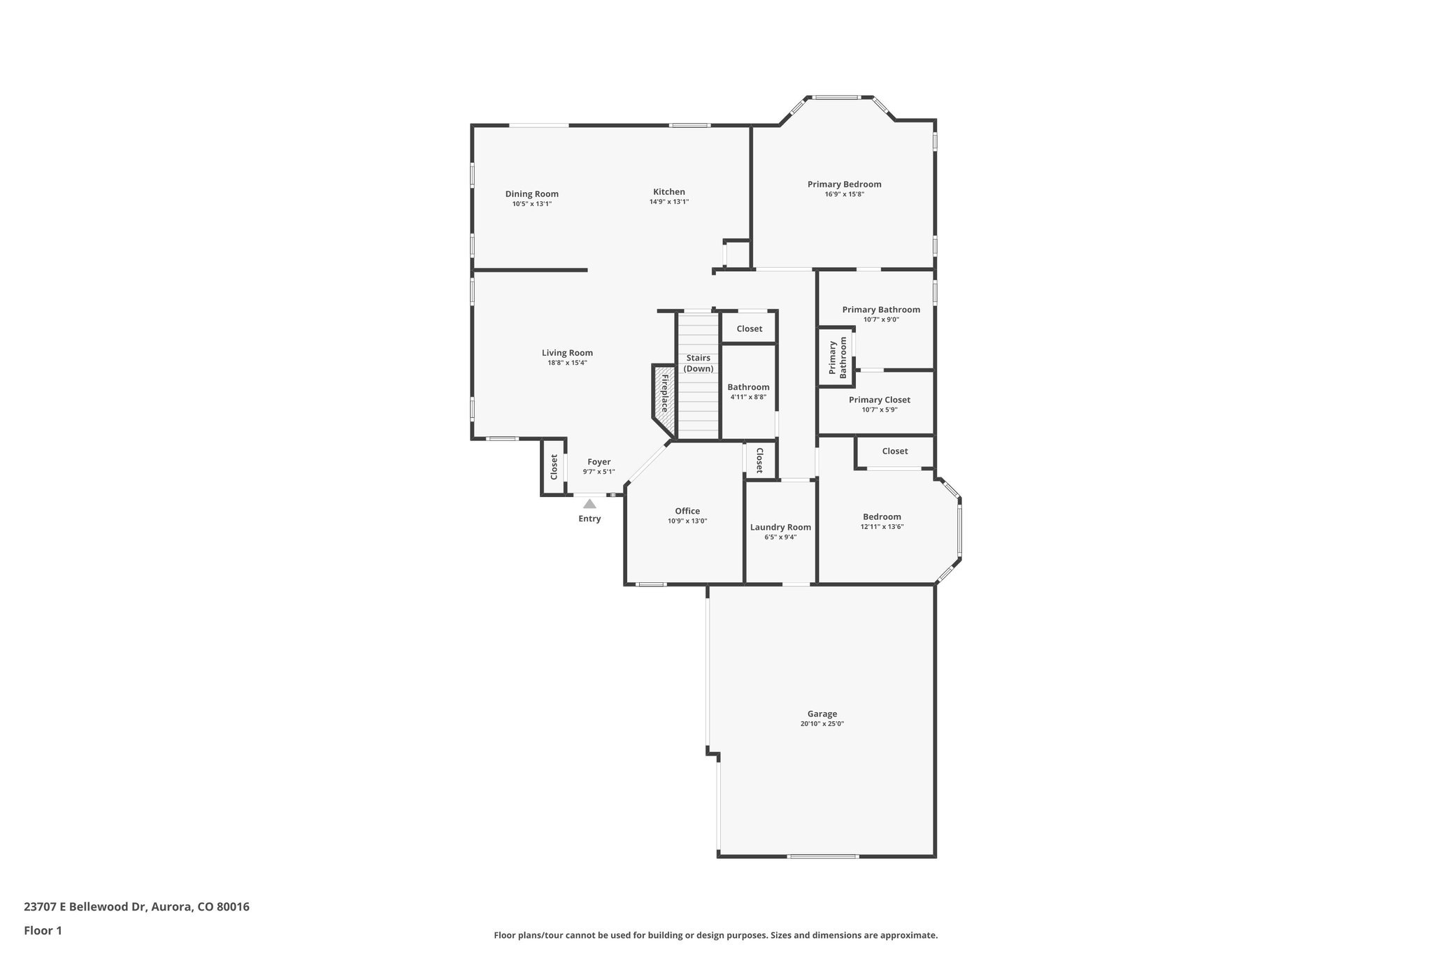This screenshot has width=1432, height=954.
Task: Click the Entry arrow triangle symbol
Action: [x=589, y=503]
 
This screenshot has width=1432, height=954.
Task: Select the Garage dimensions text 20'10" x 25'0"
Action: [x=822, y=724]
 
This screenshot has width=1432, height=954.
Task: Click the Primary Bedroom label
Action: [x=844, y=185]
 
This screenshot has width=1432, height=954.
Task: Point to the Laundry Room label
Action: [x=780, y=527]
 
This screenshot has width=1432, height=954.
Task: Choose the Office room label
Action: [x=687, y=511]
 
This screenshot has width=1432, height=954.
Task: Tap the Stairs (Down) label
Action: [x=698, y=363]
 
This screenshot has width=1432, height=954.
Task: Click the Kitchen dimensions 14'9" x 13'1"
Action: [x=669, y=202]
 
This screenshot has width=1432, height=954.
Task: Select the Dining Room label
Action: [x=531, y=194]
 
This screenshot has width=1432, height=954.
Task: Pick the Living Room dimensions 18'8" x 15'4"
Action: [x=567, y=363]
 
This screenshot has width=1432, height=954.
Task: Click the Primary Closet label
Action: [x=879, y=400]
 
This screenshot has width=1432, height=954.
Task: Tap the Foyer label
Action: [x=599, y=462]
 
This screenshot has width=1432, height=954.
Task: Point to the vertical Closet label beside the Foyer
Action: [x=554, y=467]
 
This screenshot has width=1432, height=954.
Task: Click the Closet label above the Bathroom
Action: [x=749, y=328]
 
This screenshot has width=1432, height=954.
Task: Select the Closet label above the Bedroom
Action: [x=894, y=451]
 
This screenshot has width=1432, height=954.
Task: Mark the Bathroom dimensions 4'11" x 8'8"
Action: [x=748, y=397]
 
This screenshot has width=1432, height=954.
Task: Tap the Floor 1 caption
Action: [x=43, y=930]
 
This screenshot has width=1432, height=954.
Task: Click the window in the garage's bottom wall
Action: [x=822, y=856]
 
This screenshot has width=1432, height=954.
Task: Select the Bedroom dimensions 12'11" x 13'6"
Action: [x=882, y=527]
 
